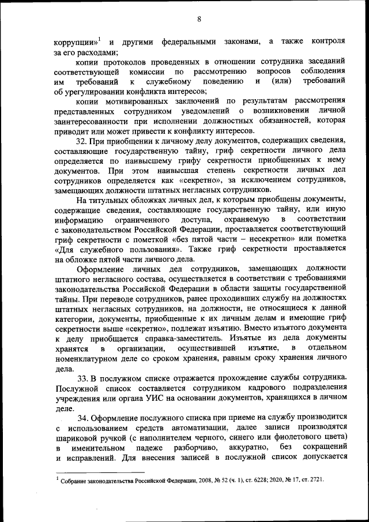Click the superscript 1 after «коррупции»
pos(99,39)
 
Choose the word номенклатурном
pos(86,359)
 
